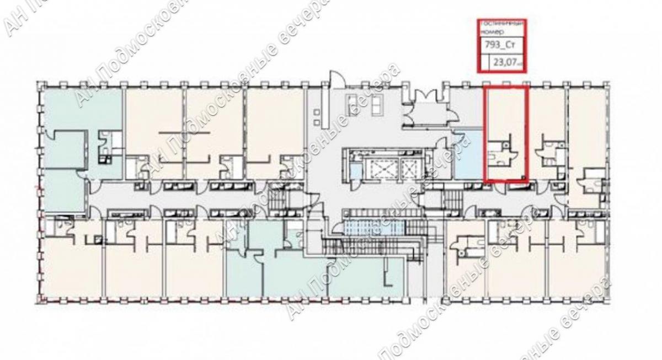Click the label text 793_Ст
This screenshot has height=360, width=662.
point(495,47)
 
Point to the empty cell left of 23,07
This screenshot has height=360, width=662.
point(485,63)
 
